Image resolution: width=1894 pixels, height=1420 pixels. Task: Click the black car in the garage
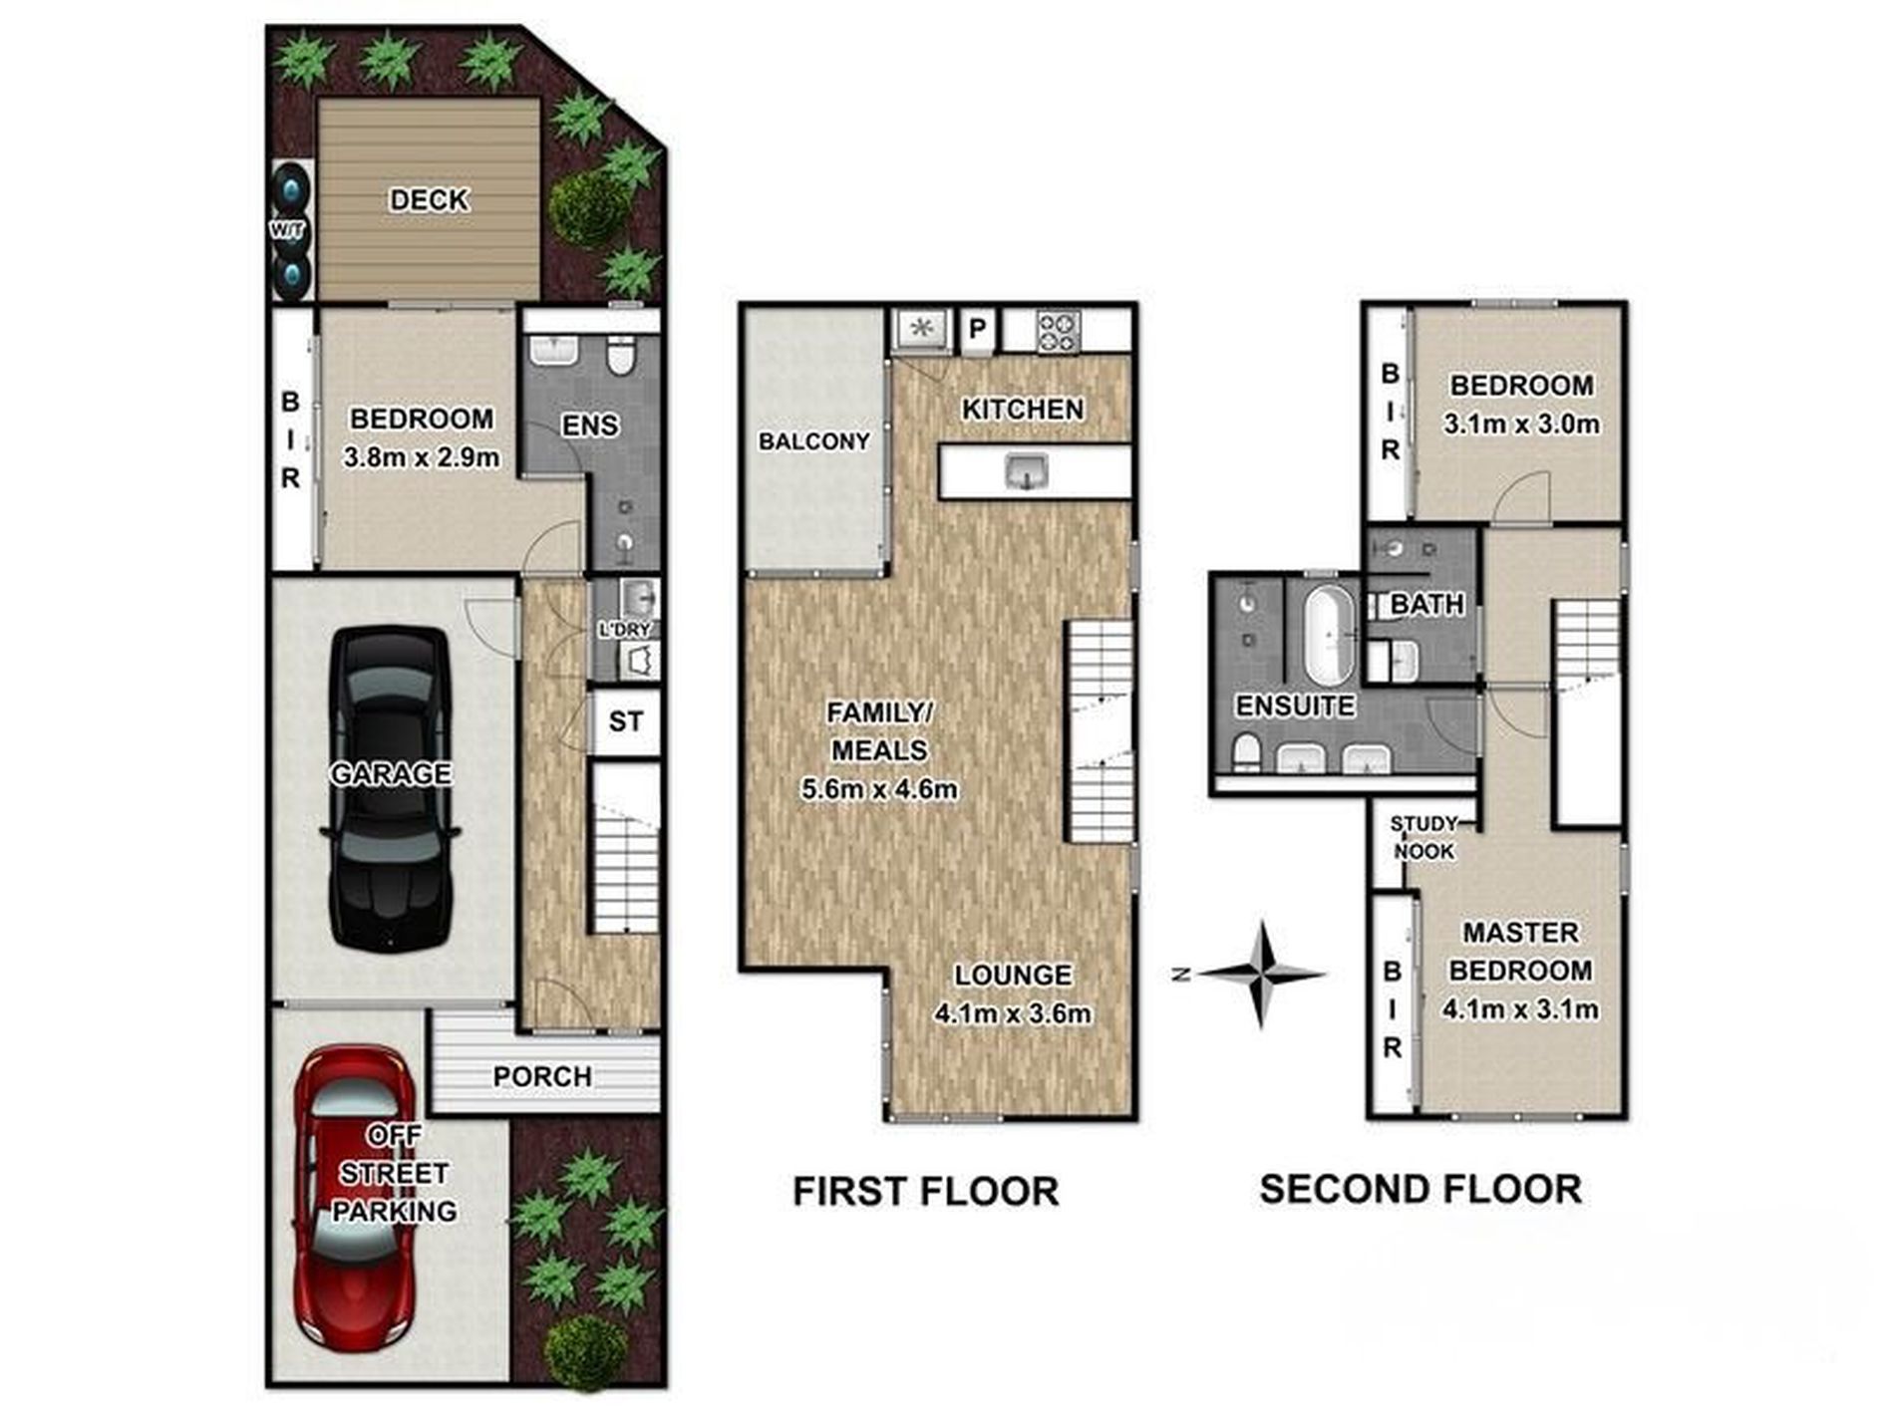391,788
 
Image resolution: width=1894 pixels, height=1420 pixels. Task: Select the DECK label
429,200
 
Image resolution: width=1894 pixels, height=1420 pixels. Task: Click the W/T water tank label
288,230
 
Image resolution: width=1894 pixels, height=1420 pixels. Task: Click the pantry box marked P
978,329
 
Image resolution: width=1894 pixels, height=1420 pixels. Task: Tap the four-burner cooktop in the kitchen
1059,332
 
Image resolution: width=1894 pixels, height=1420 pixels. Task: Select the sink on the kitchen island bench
1027,470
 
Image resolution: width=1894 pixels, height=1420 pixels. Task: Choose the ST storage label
626,721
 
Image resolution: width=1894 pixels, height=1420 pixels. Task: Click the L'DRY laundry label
625,630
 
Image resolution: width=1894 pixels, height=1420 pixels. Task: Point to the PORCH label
542,1076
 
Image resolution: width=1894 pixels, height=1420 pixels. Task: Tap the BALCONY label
814,441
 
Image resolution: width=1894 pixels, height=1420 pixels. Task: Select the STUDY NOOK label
1423,838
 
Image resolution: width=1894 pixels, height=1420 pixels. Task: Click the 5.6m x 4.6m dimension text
879,790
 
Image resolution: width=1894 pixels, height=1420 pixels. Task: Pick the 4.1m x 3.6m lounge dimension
1013,1014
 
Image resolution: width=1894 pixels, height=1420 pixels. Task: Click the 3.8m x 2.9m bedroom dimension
422,457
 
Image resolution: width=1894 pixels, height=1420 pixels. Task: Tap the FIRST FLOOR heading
925,1192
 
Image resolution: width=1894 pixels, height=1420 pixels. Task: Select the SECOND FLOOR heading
1420,1190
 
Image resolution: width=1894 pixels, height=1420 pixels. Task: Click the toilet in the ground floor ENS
621,357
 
